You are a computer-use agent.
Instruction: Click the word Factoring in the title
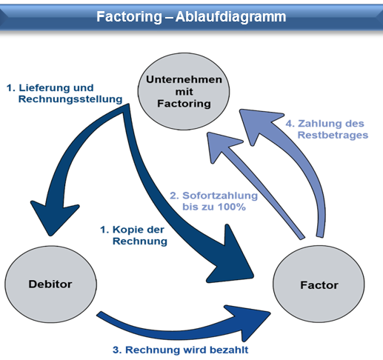129,17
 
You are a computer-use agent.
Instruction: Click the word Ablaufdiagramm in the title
231,17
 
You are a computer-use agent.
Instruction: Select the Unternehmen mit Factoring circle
184,91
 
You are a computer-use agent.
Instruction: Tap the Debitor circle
50,284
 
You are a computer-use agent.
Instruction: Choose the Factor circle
319,284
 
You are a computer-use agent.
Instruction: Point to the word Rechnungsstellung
70,99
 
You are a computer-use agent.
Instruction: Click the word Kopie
125,230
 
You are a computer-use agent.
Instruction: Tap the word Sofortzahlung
220,196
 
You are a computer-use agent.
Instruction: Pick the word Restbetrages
333,135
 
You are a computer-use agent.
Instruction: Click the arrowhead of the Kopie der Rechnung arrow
231,258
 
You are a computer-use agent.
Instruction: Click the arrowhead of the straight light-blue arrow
220,146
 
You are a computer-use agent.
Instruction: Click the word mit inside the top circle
184,92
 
